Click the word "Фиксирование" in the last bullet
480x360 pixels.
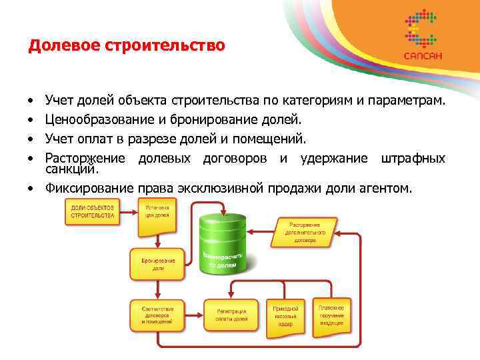(x=89, y=188)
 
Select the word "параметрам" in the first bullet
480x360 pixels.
(x=406, y=101)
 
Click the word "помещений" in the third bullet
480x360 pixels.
(x=273, y=139)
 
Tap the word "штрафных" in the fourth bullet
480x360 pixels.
(x=413, y=158)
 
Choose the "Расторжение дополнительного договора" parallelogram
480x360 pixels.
(x=307, y=229)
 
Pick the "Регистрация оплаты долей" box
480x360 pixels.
(x=231, y=315)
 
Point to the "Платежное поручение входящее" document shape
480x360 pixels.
(x=331, y=315)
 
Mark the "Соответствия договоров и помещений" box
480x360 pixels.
(x=158, y=315)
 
